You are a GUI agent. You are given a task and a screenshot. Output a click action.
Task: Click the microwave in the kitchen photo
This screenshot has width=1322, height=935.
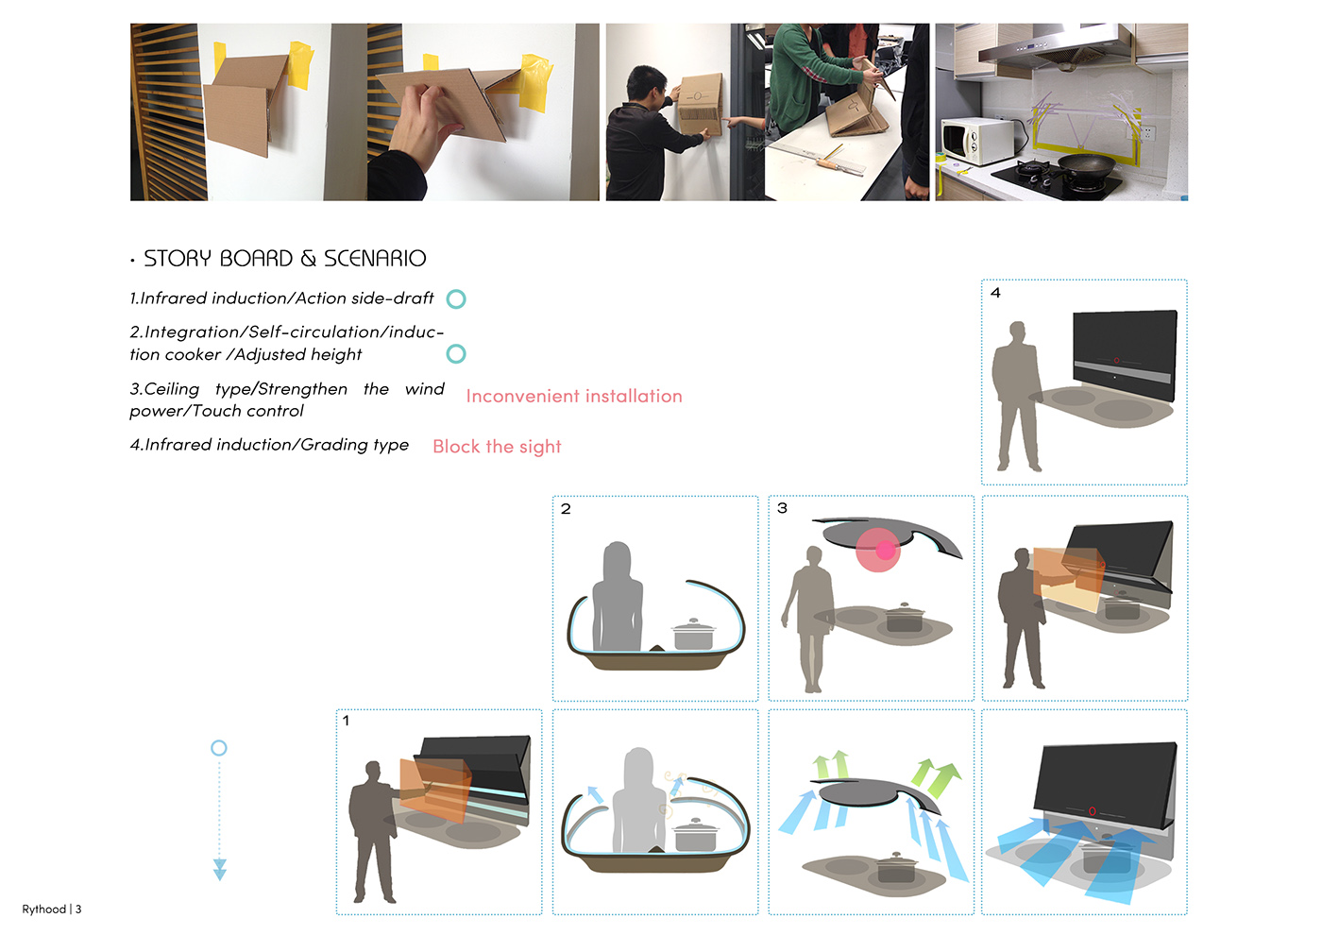977,141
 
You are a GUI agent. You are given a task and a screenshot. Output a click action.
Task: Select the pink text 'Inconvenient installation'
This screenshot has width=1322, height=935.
574,396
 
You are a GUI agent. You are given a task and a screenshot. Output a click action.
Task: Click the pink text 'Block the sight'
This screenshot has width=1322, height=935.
497,447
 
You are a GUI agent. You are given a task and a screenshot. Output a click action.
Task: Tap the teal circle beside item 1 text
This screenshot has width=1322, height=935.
455,299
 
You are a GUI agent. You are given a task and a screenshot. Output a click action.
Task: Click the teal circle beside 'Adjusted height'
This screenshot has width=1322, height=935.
455,354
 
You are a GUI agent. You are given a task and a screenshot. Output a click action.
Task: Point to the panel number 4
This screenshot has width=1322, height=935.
995,293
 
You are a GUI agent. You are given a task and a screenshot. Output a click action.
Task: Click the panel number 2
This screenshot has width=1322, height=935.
566,509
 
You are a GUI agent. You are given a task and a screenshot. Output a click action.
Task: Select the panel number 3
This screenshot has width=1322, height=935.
782,508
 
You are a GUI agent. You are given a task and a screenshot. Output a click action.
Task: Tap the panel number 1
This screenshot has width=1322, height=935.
346,721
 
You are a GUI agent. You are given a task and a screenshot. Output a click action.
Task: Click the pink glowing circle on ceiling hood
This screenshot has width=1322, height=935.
879,550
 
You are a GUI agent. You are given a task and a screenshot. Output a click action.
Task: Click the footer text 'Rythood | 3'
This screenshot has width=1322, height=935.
51,909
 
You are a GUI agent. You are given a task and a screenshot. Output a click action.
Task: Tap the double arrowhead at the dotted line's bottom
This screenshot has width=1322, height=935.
219,870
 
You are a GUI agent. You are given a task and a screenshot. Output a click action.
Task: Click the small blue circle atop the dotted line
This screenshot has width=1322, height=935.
219,748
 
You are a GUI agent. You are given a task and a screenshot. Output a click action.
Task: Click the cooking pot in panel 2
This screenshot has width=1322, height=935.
693,634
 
